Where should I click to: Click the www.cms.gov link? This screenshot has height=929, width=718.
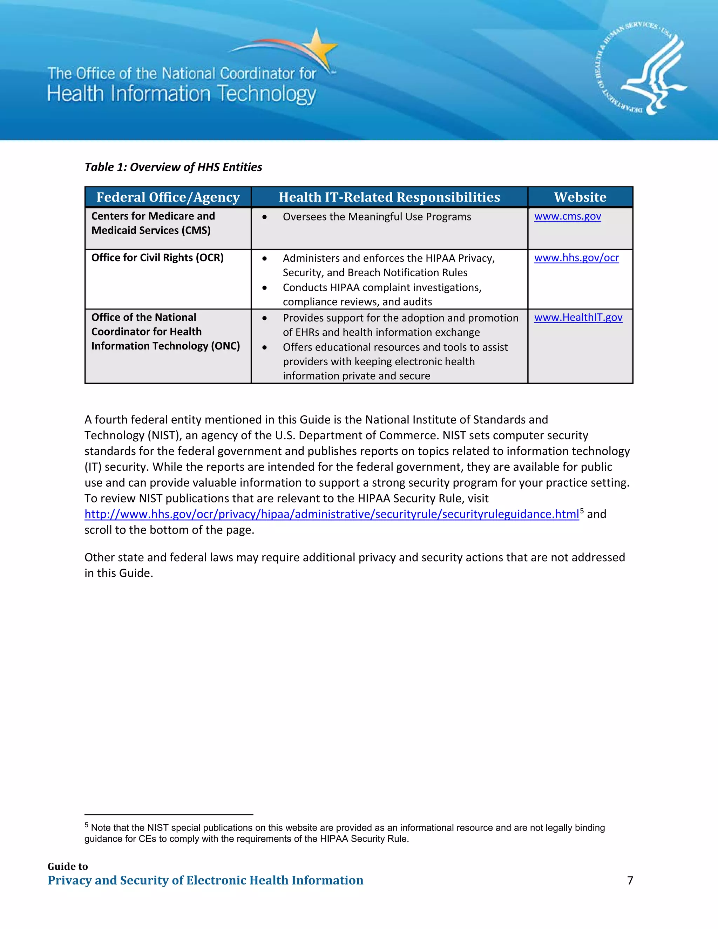(568, 217)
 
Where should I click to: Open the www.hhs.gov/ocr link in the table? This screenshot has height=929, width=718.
(576, 258)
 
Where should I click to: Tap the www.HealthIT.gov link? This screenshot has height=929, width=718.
(578, 317)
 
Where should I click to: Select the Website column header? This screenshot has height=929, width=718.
(580, 197)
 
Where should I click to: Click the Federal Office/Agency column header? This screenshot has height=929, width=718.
(168, 197)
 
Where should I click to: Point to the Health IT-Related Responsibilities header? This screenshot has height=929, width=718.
(389, 197)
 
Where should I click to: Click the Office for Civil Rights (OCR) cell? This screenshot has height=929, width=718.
(157, 258)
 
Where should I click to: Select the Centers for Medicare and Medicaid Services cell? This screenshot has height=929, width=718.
(153, 223)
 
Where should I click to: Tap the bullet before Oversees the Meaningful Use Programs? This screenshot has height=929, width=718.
(265, 217)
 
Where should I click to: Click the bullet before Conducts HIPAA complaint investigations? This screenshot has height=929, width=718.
(265, 288)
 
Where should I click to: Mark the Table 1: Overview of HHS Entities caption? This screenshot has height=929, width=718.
(173, 167)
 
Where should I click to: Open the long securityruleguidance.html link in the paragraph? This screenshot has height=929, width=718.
(331, 514)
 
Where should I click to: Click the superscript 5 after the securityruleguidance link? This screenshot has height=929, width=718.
(582, 511)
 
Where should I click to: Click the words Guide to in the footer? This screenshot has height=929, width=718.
(68, 867)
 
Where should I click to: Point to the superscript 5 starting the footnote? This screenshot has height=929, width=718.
(86, 825)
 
